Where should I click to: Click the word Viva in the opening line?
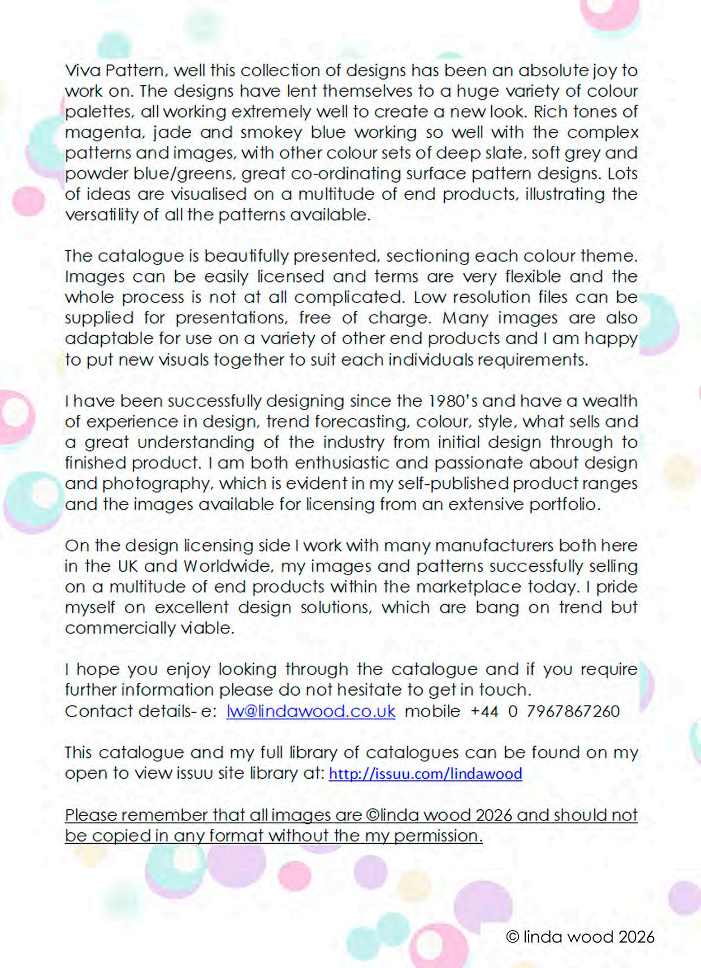83,71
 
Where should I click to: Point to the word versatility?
102,215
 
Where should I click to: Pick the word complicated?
348,297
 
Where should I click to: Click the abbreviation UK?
128,567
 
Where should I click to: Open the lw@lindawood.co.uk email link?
311,711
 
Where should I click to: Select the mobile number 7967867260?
573,711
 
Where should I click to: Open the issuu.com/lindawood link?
425,774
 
